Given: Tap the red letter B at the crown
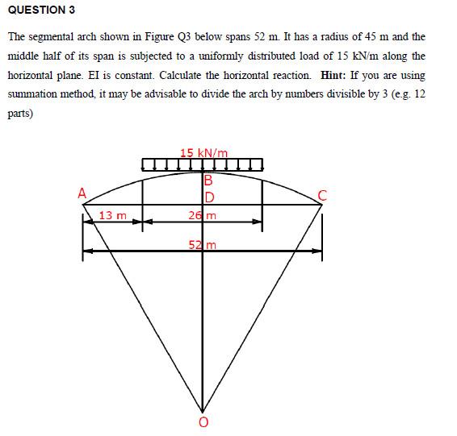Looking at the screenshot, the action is tap(208, 181).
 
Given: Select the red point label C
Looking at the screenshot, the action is tap(323, 193).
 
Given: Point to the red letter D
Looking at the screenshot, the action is tap(208, 197).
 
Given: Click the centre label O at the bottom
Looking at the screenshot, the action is tap(203, 422).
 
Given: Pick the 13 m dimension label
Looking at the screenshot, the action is tap(113, 214).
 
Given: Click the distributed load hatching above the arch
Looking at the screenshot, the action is tap(203, 165).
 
